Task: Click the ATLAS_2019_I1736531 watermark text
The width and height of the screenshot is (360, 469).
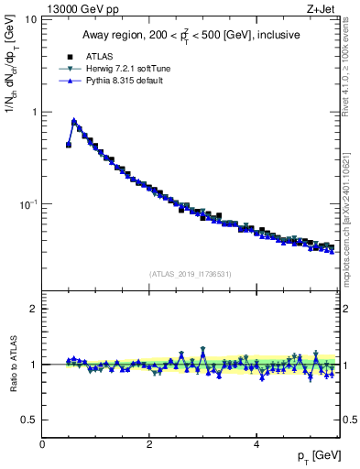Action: point(191,274)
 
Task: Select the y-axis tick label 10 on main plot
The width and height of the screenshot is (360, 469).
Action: point(31,19)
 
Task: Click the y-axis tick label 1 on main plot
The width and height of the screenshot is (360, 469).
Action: point(34,112)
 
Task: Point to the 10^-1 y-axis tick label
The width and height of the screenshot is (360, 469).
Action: point(28,203)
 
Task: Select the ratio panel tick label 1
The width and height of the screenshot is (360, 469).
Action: point(34,365)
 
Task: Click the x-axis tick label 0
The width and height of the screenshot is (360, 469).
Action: point(42,444)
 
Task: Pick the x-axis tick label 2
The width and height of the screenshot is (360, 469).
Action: point(149,444)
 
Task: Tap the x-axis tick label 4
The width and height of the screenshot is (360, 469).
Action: point(256,444)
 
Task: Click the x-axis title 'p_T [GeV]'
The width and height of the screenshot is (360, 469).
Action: point(316,456)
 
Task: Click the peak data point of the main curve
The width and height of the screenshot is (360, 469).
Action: point(74,121)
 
